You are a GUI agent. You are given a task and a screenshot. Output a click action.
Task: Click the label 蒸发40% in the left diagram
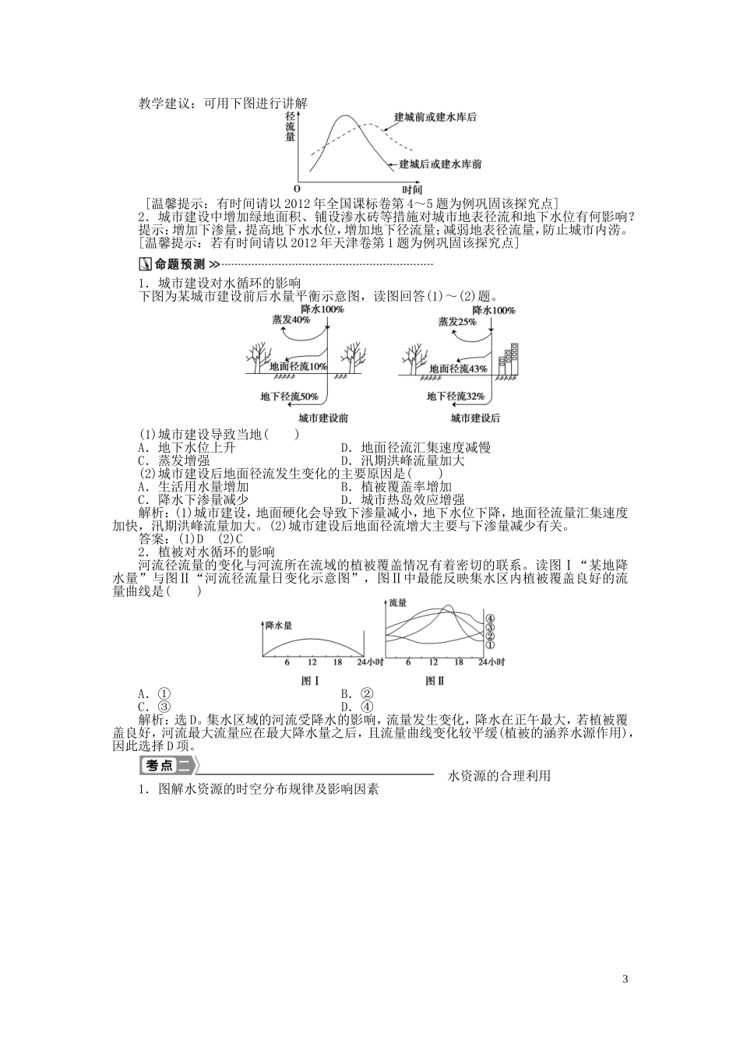(291, 320)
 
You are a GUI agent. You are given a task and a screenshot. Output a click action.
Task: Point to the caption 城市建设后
(475, 418)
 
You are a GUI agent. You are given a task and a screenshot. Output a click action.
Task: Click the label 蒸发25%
(457, 321)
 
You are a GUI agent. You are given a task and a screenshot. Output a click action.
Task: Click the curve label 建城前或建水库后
(435, 117)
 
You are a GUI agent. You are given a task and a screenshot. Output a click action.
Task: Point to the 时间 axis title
(412, 189)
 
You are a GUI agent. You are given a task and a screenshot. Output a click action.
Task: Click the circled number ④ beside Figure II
(491, 620)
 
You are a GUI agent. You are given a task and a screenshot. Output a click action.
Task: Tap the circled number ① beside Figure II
(491, 645)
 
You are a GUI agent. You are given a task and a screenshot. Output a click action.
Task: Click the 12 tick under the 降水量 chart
(312, 662)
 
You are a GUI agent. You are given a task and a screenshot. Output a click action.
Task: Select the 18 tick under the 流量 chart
(459, 662)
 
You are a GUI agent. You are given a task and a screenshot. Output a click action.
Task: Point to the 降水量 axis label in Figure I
(278, 625)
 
